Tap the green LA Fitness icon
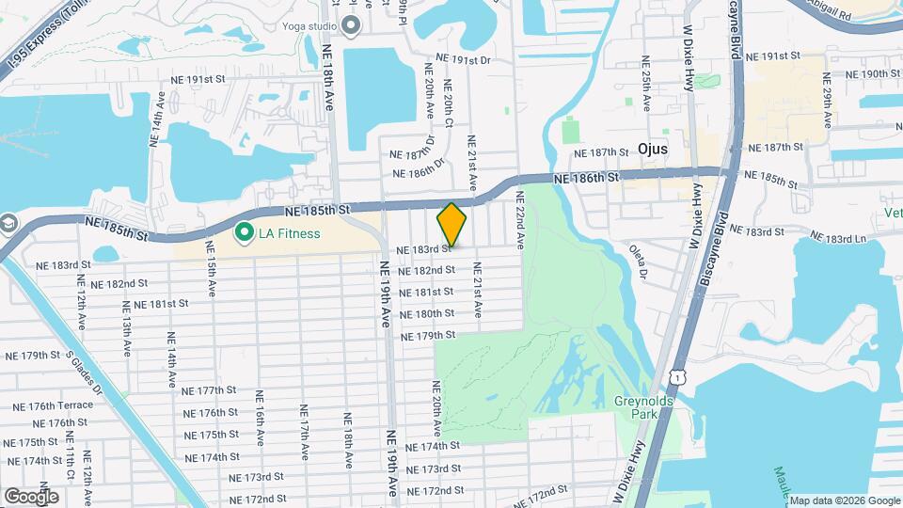pyautogui.click(x=245, y=231)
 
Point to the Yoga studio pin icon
pyautogui.click(x=352, y=25)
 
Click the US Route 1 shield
pyautogui.click(x=676, y=376)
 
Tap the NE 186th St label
pyautogui.click(x=587, y=178)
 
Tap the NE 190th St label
pyautogui.click(x=874, y=73)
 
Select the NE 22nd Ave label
pyautogui.click(x=518, y=219)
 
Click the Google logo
pyautogui.click(x=31, y=496)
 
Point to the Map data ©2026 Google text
pyautogui.click(x=844, y=500)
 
